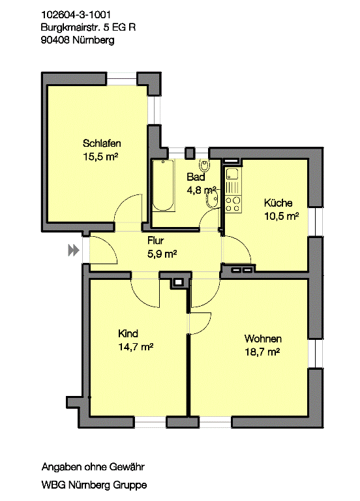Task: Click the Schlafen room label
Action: pyautogui.click(x=102, y=144)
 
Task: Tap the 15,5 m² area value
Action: pyautogui.click(x=100, y=157)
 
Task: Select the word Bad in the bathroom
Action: pyautogui.click(x=196, y=177)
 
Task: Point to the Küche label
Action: pyautogui.click(x=278, y=203)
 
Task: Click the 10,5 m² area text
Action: pyautogui.click(x=281, y=216)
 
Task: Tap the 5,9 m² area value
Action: pyautogui.click(x=162, y=254)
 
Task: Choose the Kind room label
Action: pyautogui.click(x=128, y=333)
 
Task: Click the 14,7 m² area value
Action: pyautogui.click(x=136, y=346)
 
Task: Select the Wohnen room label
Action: pyautogui.click(x=263, y=339)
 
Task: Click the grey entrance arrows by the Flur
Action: pyautogui.click(x=74, y=250)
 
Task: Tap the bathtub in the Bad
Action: pyautogui.click(x=164, y=185)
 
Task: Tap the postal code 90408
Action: pyautogui.click(x=53, y=40)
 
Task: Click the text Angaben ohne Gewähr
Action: pyautogui.click(x=92, y=467)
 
